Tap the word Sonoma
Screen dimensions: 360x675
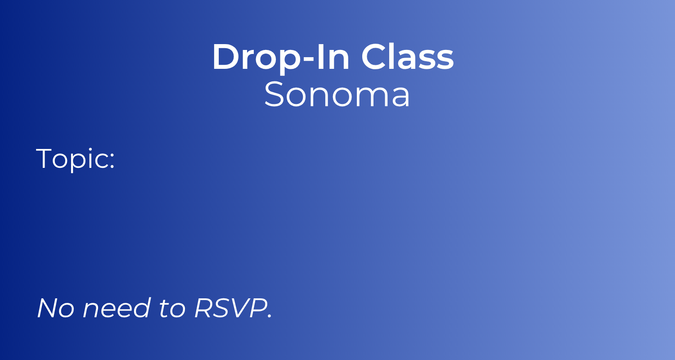(337, 95)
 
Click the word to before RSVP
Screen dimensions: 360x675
(172, 308)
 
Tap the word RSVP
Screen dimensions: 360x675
(229, 308)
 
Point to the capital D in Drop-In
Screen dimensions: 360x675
(225, 58)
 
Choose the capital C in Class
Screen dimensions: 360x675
(374, 58)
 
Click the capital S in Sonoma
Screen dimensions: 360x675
(273, 95)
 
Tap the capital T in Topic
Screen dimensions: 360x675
(45, 158)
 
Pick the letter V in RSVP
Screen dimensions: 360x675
(239, 308)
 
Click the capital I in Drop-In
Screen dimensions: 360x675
(320, 58)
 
